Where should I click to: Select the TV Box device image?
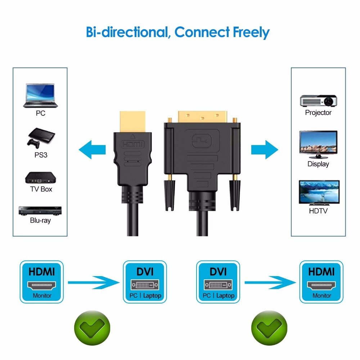(x=41, y=177)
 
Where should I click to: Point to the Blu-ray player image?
(x=40, y=211)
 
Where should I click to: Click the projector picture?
(x=318, y=100)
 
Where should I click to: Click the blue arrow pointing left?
(x=92, y=149)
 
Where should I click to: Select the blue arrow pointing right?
(x=265, y=149)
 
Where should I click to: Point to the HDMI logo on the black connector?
(x=132, y=144)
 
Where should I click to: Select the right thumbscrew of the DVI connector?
(x=235, y=194)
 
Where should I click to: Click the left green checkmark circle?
(x=91, y=328)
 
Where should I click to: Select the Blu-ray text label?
(x=40, y=220)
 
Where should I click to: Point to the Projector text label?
(x=318, y=113)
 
